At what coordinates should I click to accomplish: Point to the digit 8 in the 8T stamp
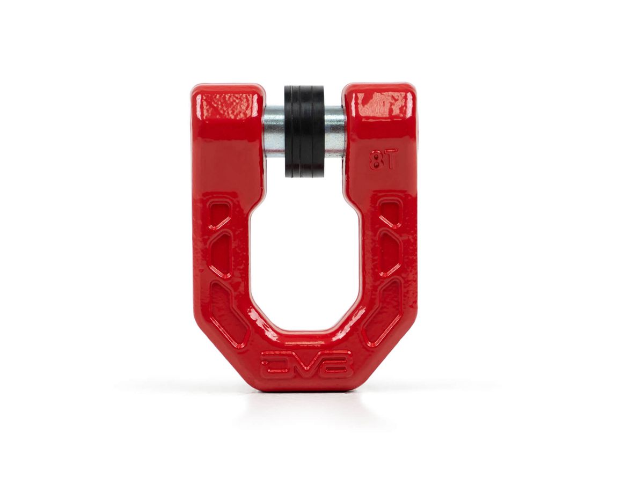375,160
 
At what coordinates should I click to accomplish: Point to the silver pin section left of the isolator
274,132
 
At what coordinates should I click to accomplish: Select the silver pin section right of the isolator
334,132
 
